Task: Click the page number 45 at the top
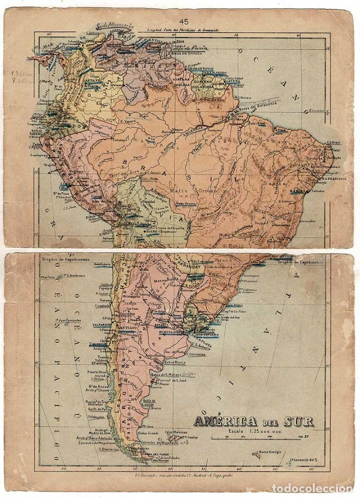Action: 183,21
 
